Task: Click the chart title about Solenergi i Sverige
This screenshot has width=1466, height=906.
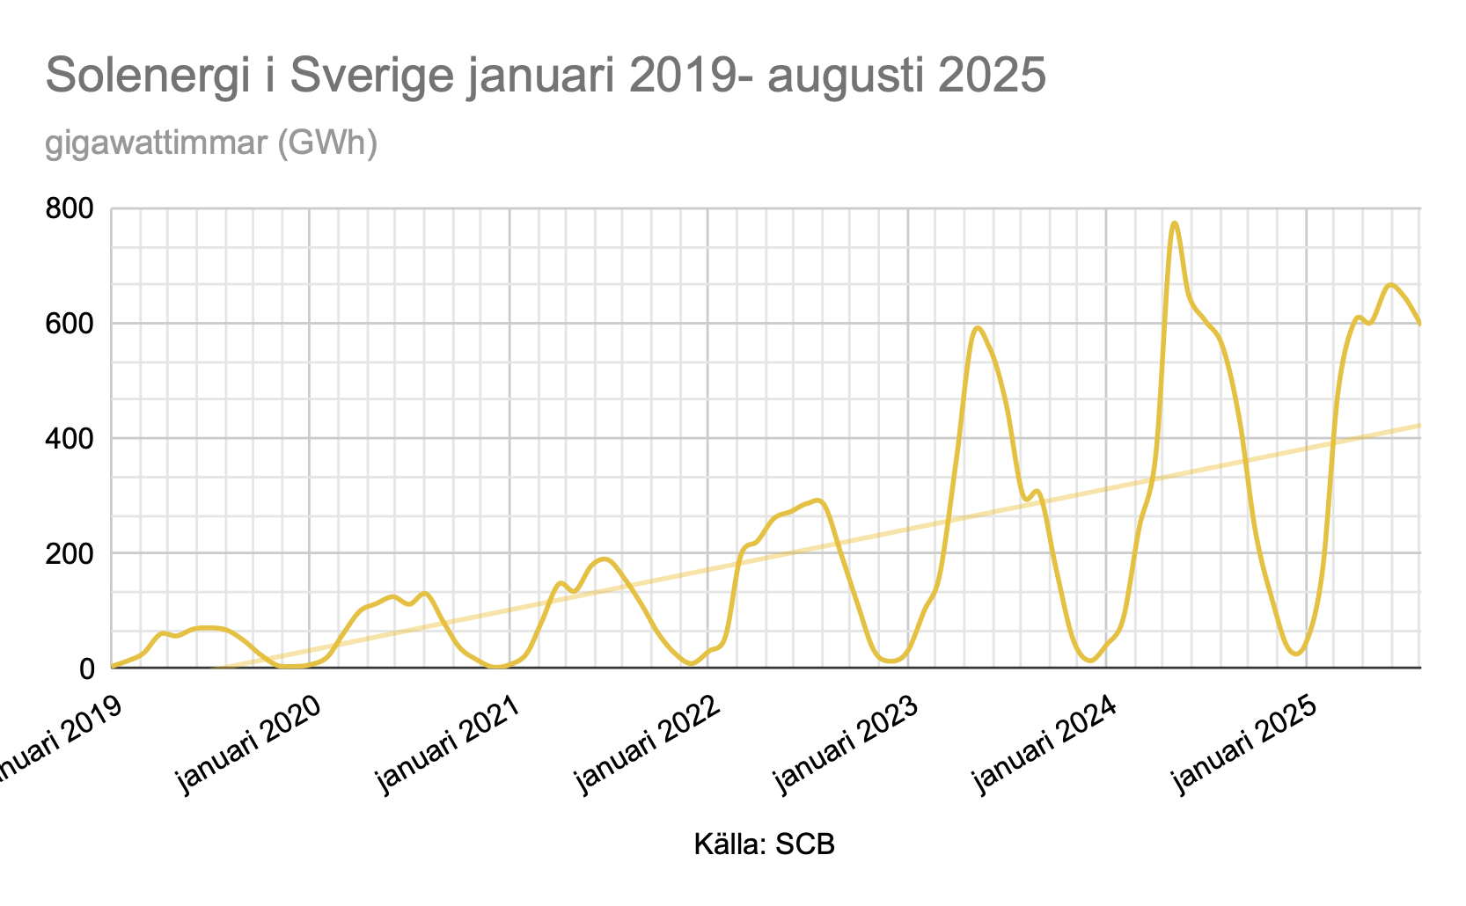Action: point(546,76)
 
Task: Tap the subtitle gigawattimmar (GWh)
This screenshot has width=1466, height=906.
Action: point(211,142)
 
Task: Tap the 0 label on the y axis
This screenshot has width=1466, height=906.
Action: point(86,669)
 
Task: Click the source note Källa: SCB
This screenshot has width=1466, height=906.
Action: point(764,845)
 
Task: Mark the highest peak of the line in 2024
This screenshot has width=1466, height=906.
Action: point(1174,223)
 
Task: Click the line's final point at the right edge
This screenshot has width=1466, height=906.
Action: point(1419,324)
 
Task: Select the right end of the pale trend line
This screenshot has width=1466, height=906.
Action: point(1419,426)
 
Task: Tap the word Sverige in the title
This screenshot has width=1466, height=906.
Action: point(370,76)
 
